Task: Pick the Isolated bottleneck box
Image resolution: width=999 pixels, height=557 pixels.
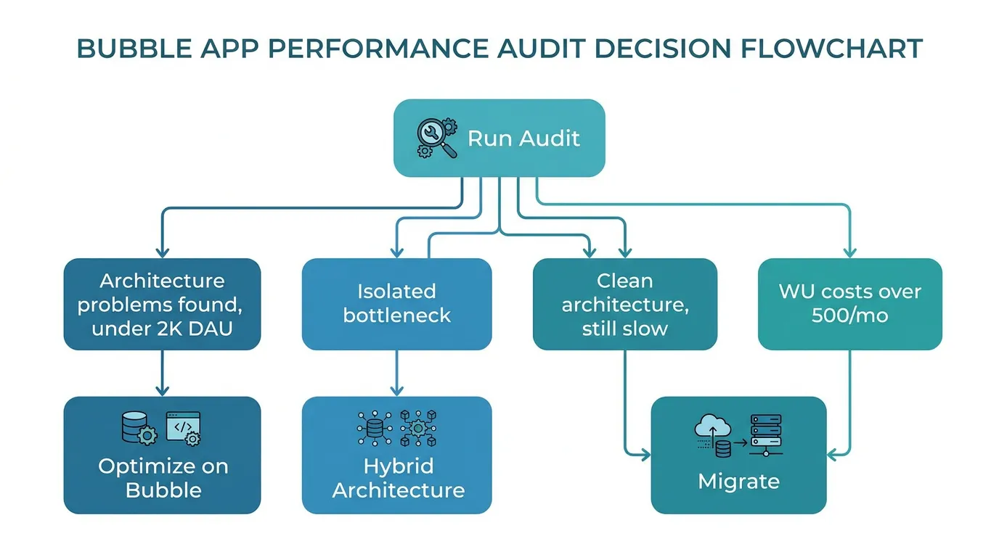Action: pos(396,304)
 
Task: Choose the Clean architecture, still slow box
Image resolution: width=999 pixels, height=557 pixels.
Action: pos(624,304)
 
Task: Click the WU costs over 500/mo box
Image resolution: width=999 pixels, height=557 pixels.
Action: pos(849,304)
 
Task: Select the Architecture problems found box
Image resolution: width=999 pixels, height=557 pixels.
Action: pos(161,304)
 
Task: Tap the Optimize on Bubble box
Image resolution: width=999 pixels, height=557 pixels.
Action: pos(161,455)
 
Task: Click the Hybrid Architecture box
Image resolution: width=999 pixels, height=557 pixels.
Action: pos(396,455)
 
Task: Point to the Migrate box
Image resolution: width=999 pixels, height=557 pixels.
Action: pos(738,455)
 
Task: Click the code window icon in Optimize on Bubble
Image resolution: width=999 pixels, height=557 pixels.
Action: pos(183,428)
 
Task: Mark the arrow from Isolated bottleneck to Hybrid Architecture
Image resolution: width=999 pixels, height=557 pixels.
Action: pos(396,373)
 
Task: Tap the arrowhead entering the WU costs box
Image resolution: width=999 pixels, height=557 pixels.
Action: pos(849,252)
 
